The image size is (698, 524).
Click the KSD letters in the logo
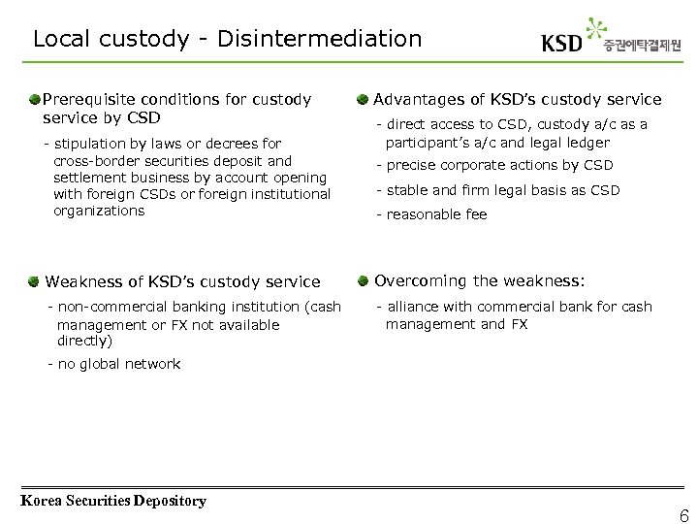click(562, 44)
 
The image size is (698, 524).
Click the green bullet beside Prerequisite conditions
click(35, 99)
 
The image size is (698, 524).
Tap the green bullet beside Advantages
click(362, 99)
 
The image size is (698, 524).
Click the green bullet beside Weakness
click(35, 281)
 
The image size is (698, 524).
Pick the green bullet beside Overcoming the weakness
click(362, 281)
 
